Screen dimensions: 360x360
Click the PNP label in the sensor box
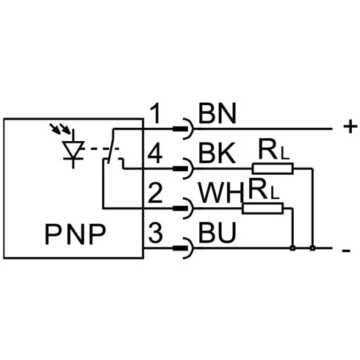[x=76, y=234]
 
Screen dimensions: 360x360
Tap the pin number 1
[x=156, y=113]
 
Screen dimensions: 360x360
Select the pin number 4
[x=155, y=154]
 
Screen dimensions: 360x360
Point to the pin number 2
[x=155, y=193]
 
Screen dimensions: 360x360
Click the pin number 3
[x=155, y=233]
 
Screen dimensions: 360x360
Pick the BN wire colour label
[x=217, y=113]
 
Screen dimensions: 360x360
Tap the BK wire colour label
[x=217, y=153]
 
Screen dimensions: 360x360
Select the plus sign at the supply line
[x=350, y=127]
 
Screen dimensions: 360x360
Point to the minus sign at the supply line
[x=346, y=251]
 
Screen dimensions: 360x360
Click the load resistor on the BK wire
[x=273, y=168]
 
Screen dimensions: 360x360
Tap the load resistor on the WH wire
[x=262, y=209]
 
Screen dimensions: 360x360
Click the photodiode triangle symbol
[x=73, y=150]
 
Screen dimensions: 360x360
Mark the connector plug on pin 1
[x=184, y=129]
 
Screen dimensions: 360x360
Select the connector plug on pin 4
[x=184, y=168]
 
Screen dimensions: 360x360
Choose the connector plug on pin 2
[x=184, y=209]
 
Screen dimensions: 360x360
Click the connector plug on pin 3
[x=184, y=248]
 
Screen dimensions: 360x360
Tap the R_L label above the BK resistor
[x=274, y=150]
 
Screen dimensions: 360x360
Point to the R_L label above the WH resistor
[x=264, y=190]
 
